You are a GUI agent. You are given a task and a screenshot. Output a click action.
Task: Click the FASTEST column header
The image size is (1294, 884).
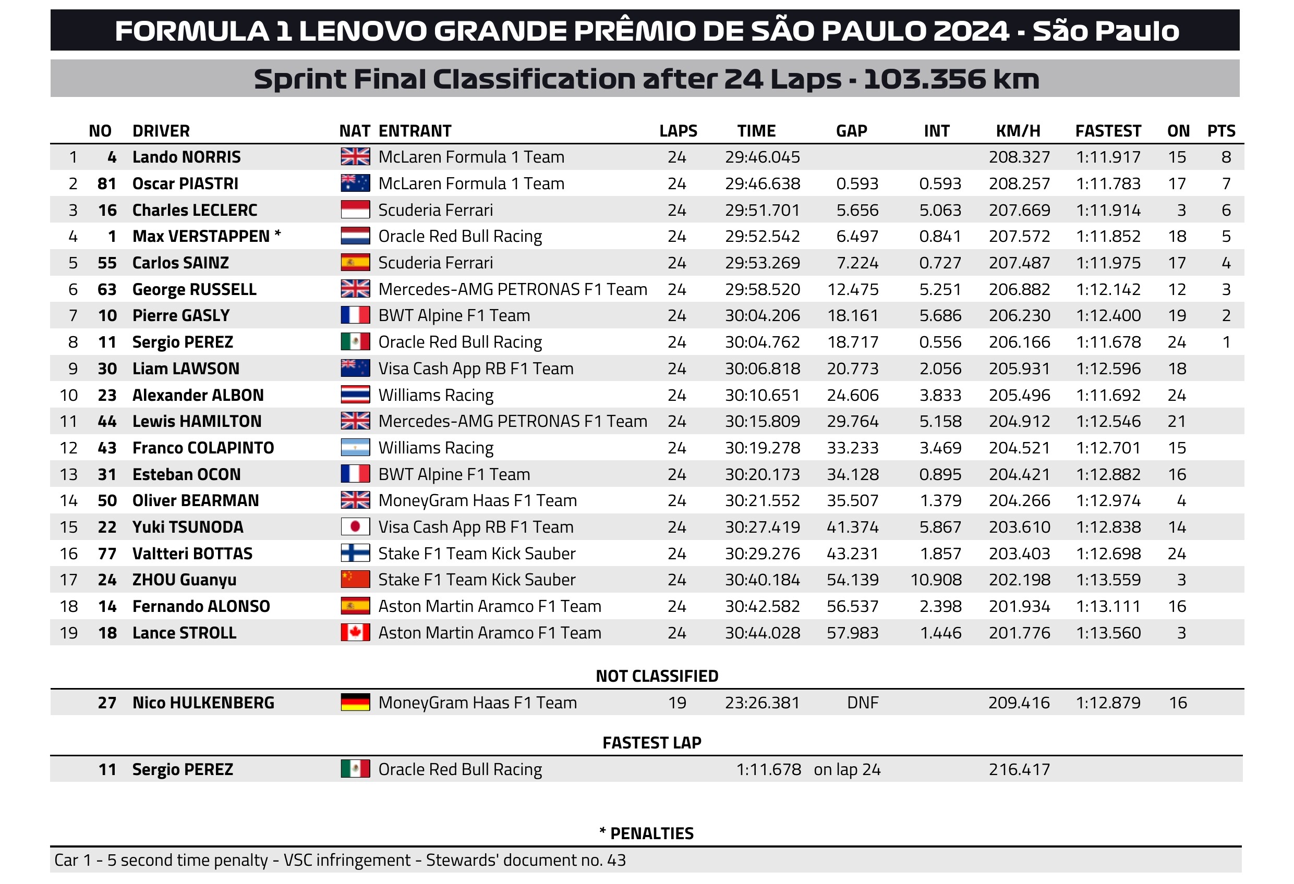1107,131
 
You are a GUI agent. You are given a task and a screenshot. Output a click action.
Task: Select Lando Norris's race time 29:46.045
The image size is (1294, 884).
761,157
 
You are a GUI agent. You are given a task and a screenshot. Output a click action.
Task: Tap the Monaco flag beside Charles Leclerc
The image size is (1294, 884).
355,210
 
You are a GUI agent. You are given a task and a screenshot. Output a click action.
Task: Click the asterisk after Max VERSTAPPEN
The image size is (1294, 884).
277,235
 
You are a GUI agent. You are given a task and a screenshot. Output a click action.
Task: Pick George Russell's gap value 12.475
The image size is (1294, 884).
852,289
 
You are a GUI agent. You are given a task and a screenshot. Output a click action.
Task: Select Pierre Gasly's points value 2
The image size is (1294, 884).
1226,315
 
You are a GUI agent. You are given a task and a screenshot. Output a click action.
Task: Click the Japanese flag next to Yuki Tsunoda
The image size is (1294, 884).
355,527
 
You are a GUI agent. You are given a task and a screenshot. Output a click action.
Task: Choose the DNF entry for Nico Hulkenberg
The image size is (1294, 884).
862,703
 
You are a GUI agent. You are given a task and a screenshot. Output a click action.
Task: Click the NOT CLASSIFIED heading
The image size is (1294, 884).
657,676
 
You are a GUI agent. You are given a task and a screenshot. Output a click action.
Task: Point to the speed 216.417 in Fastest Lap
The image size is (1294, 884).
1019,769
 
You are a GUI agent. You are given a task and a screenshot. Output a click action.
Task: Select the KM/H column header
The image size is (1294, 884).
1017,131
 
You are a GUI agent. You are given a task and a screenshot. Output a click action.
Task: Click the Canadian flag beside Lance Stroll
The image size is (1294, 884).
355,633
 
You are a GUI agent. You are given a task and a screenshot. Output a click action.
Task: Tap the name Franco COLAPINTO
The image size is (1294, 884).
203,448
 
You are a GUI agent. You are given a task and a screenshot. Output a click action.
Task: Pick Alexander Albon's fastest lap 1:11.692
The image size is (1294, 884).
1107,395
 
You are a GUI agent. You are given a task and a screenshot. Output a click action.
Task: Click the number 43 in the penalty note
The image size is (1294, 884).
616,860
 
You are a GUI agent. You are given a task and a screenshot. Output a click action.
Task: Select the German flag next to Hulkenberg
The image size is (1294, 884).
355,703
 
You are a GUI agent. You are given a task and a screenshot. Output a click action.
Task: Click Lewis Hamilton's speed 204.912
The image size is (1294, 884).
1019,421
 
